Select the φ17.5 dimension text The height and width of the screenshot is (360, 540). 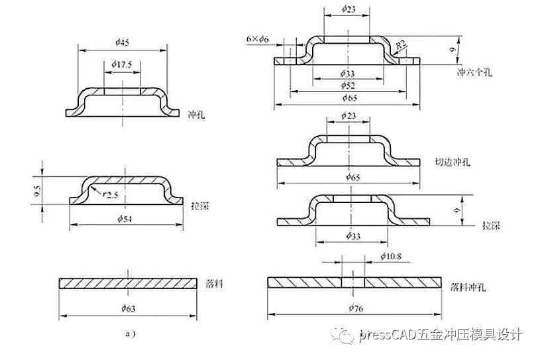[123, 64]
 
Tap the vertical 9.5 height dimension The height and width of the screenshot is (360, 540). [37, 191]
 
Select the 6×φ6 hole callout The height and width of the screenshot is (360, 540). [257, 40]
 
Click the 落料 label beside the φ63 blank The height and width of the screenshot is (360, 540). [213, 283]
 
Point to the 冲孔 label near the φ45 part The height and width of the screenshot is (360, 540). [197, 114]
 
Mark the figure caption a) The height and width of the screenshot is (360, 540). [130, 333]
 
